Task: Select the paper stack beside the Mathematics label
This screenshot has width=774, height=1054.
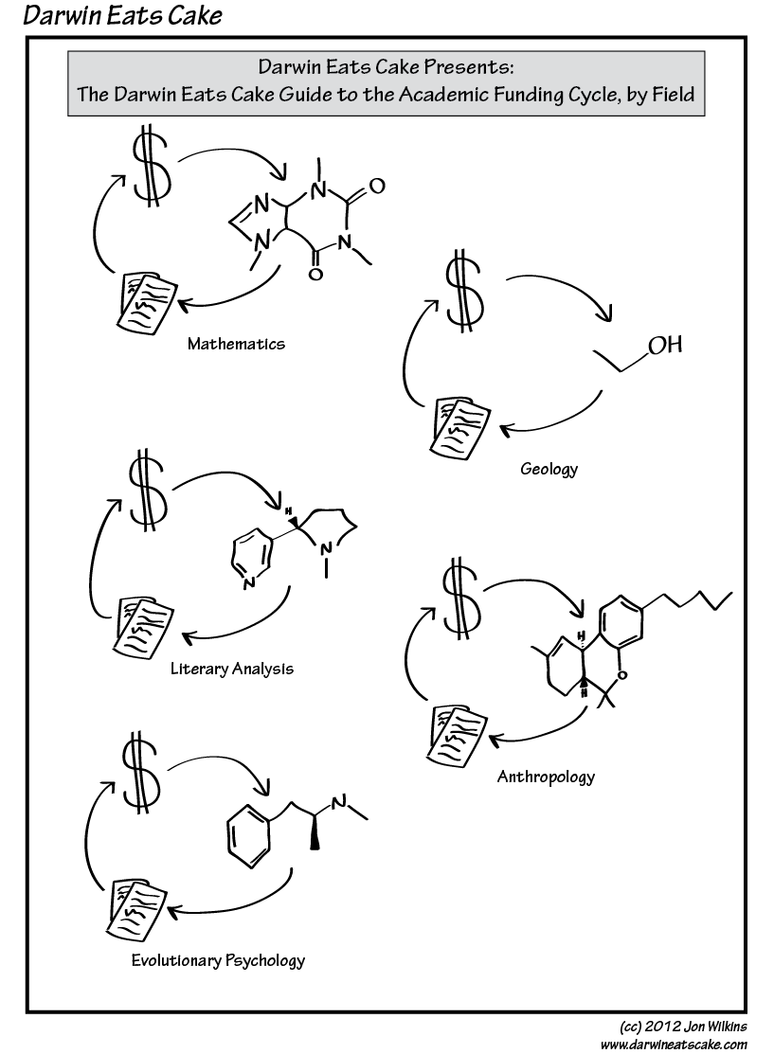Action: click(x=144, y=299)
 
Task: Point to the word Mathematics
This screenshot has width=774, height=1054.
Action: click(x=236, y=344)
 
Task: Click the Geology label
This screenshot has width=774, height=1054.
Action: click(x=549, y=469)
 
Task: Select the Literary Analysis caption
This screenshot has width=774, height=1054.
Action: click(x=232, y=669)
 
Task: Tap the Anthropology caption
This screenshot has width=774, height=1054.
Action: click(x=546, y=777)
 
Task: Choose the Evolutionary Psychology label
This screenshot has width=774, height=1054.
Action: click(x=218, y=960)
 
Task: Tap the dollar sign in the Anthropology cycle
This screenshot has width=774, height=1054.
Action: click(x=460, y=598)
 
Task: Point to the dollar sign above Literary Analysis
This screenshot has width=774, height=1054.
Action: click(x=149, y=490)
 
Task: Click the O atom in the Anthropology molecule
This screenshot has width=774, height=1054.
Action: click(x=612, y=675)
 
